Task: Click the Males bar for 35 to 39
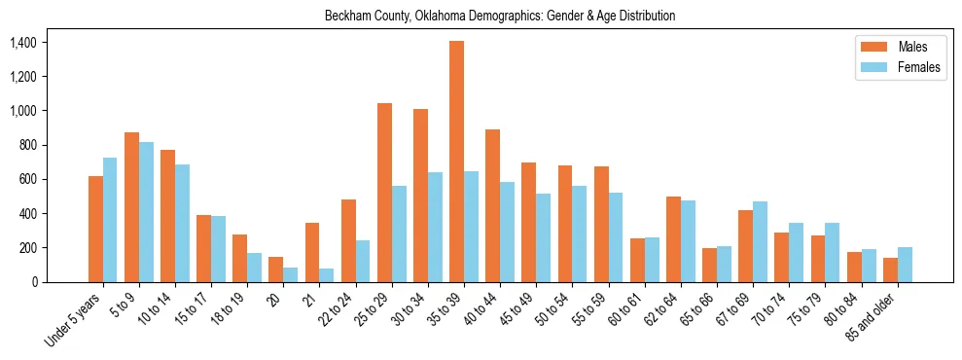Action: coord(456,162)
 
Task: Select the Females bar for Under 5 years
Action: coord(110,220)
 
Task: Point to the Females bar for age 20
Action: coord(290,275)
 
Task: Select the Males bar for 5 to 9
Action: coord(131,207)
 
